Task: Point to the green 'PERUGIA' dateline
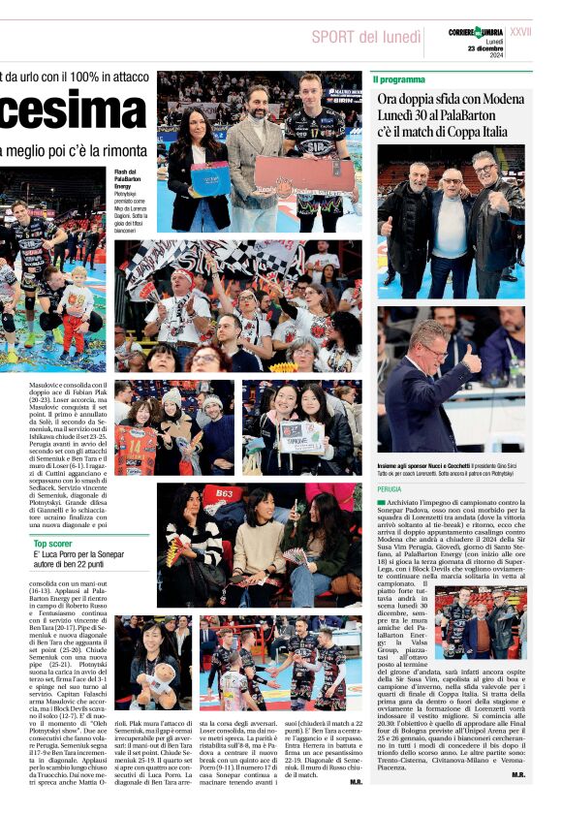point(390,489)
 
